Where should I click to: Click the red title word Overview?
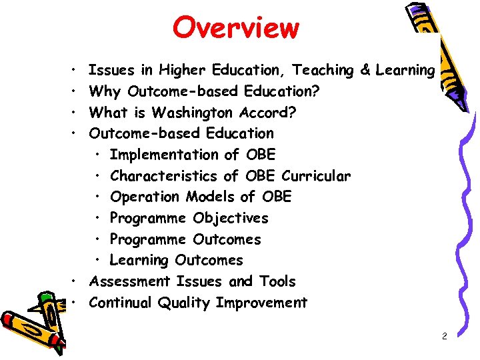click(236, 28)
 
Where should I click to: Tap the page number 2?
click(444, 337)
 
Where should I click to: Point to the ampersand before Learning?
click(365, 70)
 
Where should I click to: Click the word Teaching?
click(323, 70)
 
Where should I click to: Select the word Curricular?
click(316, 176)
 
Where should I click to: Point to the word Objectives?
click(231, 218)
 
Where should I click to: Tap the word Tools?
click(277, 281)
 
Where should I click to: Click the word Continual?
click(120, 303)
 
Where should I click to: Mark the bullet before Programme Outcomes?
click(98, 239)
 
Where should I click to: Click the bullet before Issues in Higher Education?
click(71, 70)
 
